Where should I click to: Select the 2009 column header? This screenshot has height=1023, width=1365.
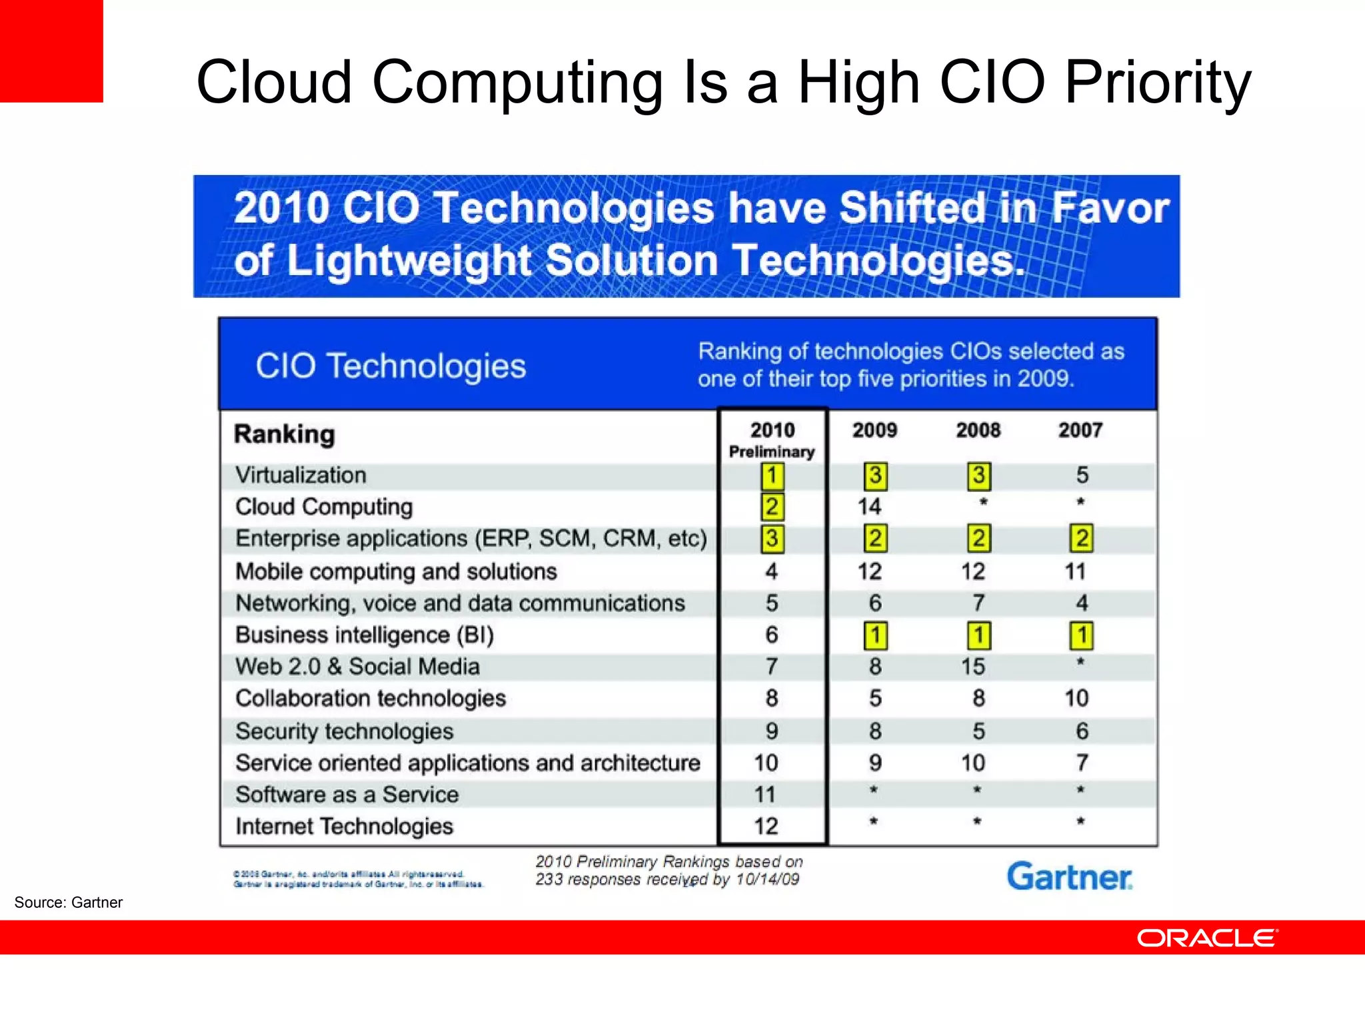click(x=874, y=430)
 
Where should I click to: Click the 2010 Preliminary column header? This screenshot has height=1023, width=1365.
click(x=772, y=440)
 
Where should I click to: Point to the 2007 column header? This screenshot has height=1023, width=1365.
click(x=1080, y=430)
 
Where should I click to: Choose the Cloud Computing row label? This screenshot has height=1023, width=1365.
click(x=324, y=507)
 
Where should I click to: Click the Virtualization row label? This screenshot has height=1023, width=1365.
click(x=301, y=475)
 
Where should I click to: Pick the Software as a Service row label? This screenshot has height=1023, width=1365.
click(x=347, y=795)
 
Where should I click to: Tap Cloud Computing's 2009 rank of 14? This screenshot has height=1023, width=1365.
click(x=869, y=507)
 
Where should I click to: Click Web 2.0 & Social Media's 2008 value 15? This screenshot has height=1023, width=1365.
click(x=972, y=667)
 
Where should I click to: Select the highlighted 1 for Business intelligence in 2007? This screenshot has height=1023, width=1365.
click(x=1081, y=635)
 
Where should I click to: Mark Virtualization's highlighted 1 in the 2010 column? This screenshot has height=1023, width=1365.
click(x=772, y=476)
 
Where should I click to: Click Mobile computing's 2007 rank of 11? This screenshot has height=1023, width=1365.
click(x=1075, y=571)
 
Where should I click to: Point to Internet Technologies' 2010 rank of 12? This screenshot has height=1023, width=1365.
click(x=766, y=827)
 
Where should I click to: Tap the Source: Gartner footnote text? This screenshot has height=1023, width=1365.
click(x=69, y=902)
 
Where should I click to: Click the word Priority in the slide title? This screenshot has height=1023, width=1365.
click(x=1158, y=83)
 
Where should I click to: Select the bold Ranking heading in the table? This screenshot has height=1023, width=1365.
click(x=284, y=434)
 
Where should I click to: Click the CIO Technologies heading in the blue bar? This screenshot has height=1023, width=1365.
click(x=391, y=366)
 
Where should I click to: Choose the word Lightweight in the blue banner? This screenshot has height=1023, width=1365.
click(x=409, y=260)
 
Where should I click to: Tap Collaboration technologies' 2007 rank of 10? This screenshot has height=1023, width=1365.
click(x=1076, y=698)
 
